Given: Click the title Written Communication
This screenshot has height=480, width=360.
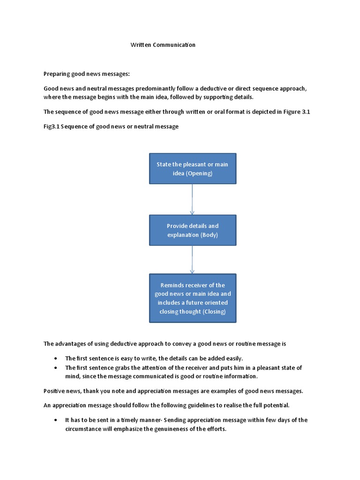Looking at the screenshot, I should pos(162,45).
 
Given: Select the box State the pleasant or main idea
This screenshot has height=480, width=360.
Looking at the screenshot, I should pos(192,169).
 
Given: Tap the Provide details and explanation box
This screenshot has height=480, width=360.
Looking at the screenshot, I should pos(192,230).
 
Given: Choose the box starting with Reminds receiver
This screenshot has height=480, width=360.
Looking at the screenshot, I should pos(192,298).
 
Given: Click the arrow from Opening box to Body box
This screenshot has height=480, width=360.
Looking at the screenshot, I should pos(192,199).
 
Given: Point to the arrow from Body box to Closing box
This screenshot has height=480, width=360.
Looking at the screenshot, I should pos(192,259).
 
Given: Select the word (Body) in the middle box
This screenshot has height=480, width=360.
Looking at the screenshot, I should pos(209,234).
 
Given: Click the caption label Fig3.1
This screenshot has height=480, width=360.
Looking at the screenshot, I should pos(52,127).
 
